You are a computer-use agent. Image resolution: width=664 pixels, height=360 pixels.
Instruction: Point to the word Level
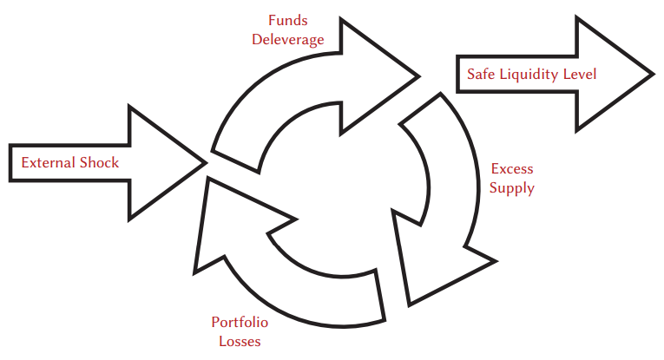point(579,74)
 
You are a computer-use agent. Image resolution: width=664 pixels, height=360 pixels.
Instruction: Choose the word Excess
point(512,168)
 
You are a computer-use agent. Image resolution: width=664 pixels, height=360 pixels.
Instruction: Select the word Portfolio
point(240,323)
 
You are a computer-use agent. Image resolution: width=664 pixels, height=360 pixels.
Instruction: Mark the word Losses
point(240,341)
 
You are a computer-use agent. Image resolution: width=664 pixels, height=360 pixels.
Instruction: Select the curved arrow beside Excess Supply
point(451,173)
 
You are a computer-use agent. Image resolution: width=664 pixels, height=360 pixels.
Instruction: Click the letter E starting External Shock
point(25,162)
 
